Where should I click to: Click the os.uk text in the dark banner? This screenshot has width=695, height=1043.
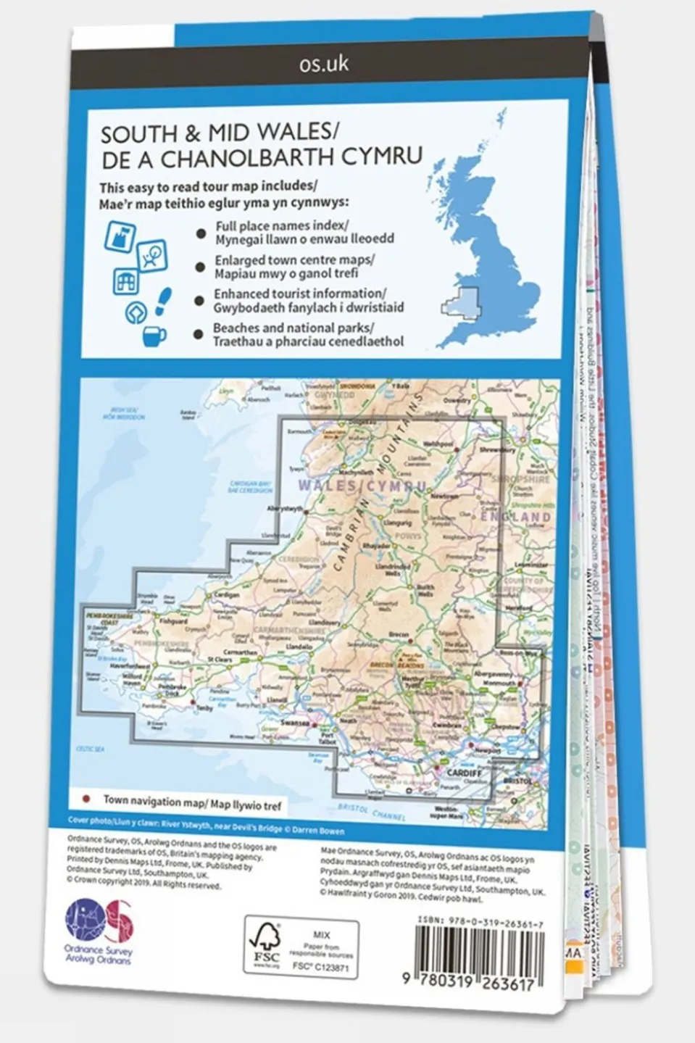pos(324,64)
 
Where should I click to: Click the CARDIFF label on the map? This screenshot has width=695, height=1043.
pos(465,773)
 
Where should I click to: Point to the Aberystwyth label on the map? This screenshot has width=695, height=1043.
pos(286,509)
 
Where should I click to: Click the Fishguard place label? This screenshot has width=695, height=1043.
pos(173,621)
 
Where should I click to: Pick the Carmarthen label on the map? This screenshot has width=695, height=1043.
pos(239,652)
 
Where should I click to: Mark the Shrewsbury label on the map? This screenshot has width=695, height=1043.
pos(496,449)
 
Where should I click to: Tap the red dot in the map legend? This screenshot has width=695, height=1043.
pos(87,799)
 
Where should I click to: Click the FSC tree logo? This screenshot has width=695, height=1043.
pos(266,943)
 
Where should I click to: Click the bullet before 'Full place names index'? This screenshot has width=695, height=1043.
pos(201,233)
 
